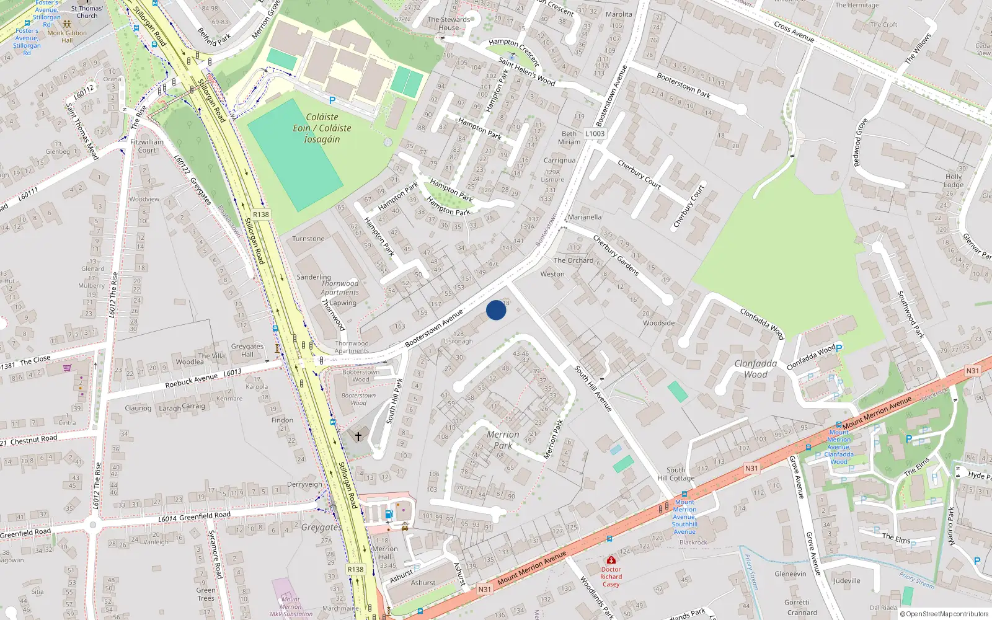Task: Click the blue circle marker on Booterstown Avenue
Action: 496,310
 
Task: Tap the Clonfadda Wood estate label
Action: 755,369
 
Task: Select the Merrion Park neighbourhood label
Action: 503,440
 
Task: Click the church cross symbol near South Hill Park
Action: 358,436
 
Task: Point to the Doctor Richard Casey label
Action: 611,577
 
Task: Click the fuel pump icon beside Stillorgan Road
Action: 389,514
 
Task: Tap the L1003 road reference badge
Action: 595,133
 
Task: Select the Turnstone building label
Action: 308,239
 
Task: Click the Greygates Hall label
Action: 247,350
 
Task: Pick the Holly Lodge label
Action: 954,180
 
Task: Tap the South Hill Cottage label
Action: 676,474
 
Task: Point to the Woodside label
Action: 658,323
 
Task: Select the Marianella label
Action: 584,217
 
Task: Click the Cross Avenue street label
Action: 794,32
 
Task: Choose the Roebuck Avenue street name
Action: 191,381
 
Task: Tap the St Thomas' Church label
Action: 87,12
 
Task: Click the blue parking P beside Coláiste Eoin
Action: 332,100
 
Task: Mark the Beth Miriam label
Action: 569,138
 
